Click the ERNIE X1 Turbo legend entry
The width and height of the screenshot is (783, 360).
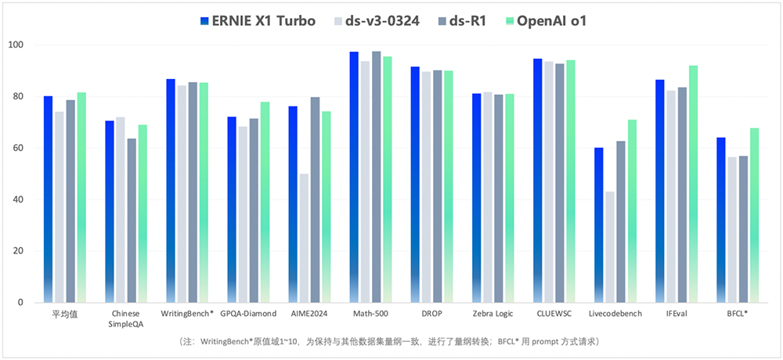(258, 21)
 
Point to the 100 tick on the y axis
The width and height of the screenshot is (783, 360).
(16, 45)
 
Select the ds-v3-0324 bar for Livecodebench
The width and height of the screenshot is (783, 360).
(609, 247)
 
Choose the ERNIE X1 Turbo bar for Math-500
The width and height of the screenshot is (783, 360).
(354, 177)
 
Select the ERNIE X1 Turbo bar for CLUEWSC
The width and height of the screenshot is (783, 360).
(537, 181)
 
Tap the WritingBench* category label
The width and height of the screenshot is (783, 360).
(186, 314)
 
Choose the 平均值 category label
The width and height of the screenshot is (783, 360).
(64, 314)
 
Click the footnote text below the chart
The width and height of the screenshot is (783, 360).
(391, 343)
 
